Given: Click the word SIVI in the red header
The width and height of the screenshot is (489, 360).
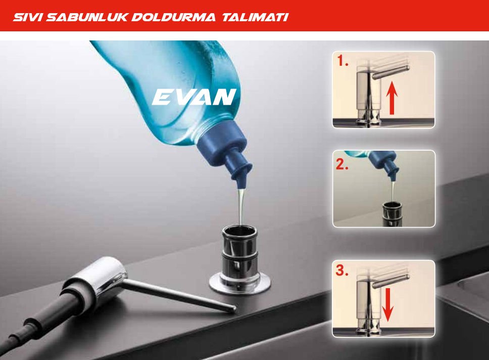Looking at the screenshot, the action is (x=28, y=17).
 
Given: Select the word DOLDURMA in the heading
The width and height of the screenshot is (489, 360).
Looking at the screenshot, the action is (x=173, y=17).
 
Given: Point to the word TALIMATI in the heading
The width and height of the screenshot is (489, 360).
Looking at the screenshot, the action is (x=255, y=17).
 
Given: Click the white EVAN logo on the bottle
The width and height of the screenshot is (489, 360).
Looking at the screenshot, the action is (x=194, y=97).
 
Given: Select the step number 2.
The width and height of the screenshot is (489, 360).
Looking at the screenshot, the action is (x=342, y=164).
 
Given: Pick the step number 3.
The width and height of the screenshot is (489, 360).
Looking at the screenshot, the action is (x=342, y=271).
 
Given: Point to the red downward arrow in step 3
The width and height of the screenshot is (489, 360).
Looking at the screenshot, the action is (x=387, y=305).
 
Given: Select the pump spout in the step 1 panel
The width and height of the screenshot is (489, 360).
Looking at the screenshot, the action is (x=390, y=72).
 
